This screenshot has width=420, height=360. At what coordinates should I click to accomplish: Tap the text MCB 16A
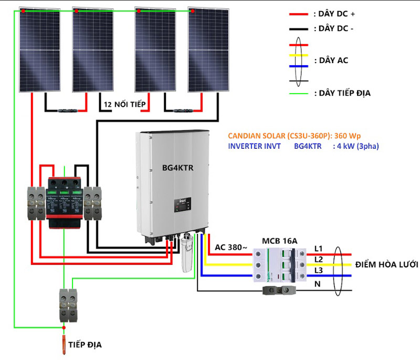pyautogui.click(x=280, y=241)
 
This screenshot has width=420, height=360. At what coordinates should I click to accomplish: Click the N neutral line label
pyautogui.click(x=317, y=284)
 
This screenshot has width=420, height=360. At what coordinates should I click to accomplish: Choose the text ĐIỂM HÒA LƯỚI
pyautogui.click(x=385, y=264)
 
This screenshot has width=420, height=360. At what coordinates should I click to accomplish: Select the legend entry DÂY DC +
pyautogui.click(x=334, y=13)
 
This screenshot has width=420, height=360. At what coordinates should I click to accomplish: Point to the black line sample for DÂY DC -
pyautogui.click(x=298, y=28)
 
